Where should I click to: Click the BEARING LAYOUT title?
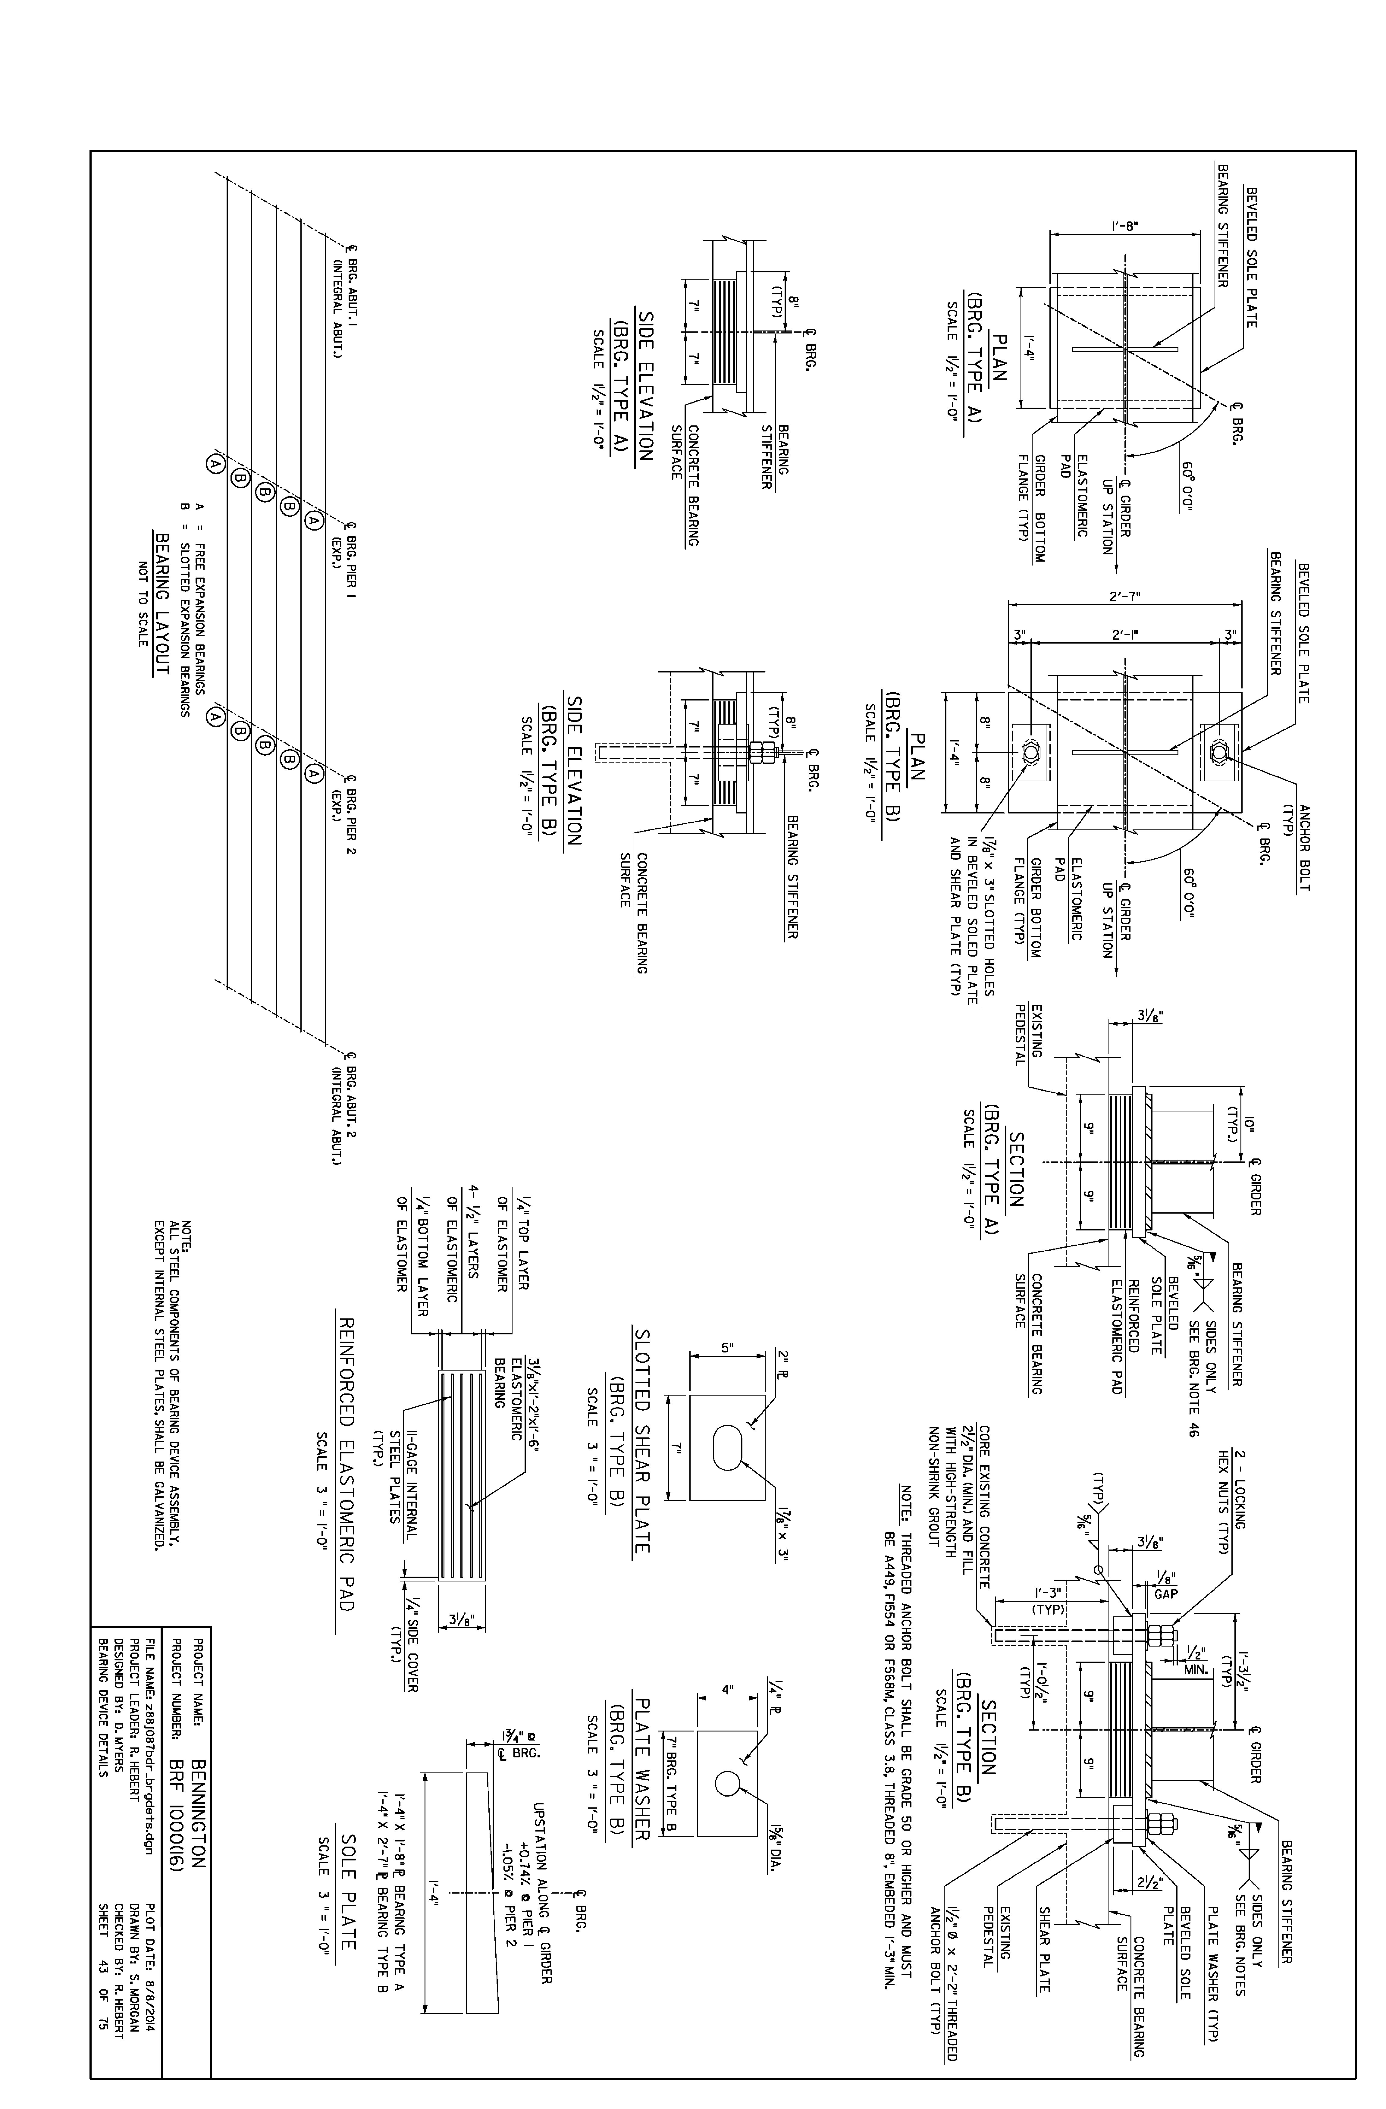(x=162, y=603)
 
